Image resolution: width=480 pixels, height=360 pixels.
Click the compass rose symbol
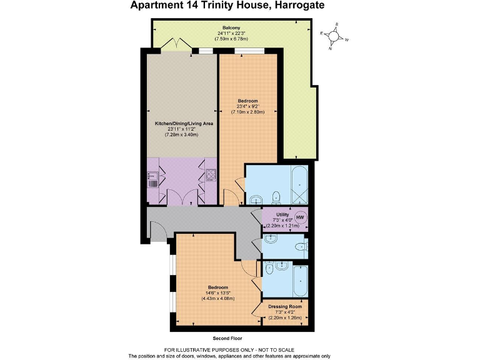click(335, 37)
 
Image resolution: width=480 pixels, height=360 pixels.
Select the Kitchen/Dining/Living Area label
click(184, 124)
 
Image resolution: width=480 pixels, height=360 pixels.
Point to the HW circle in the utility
click(300, 217)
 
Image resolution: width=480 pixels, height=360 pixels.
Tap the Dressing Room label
click(284, 307)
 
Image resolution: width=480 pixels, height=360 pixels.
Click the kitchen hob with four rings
click(210, 176)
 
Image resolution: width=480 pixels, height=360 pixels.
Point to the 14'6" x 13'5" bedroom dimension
click(217, 293)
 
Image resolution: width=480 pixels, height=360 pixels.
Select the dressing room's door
click(256, 311)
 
